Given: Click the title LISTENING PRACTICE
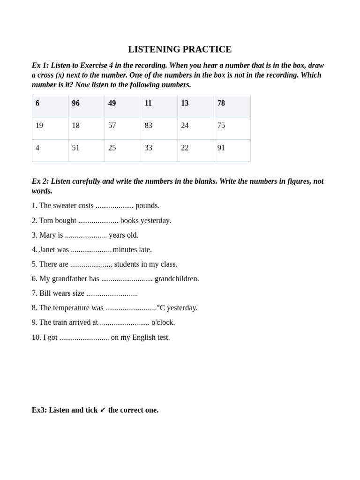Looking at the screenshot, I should [180, 49].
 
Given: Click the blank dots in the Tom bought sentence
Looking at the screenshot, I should [98, 221].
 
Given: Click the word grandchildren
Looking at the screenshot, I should [177, 278].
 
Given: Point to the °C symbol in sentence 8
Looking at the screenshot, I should [161, 307].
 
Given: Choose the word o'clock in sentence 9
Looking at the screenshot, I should [163, 322].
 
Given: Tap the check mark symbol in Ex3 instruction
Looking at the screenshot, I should [103, 410].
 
